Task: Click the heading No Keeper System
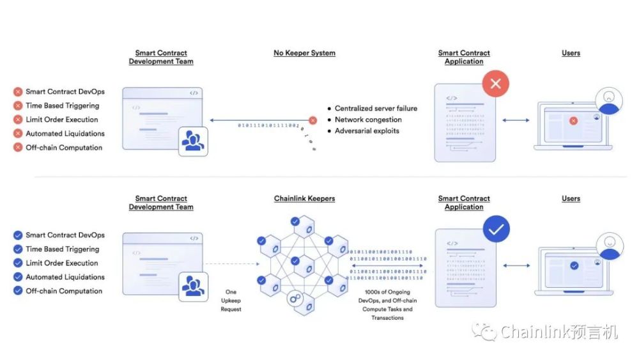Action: tap(304, 53)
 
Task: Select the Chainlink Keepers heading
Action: tap(304, 199)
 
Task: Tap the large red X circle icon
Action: tap(496, 84)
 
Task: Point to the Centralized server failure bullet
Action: tap(376, 109)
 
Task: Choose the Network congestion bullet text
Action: tap(368, 120)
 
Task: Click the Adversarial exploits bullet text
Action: tap(367, 131)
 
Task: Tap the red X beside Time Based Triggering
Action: tap(18, 106)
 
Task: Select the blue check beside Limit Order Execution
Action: tap(18, 263)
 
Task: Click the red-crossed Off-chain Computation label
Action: tap(64, 148)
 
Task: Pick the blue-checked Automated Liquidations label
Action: tap(65, 278)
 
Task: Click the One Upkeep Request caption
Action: tap(231, 301)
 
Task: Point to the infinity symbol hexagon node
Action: tap(296, 299)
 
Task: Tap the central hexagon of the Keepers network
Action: tap(295, 262)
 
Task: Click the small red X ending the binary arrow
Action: tap(312, 120)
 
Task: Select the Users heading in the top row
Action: tap(571, 53)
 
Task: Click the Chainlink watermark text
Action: tap(550, 333)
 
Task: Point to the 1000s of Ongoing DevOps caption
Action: tap(387, 305)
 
